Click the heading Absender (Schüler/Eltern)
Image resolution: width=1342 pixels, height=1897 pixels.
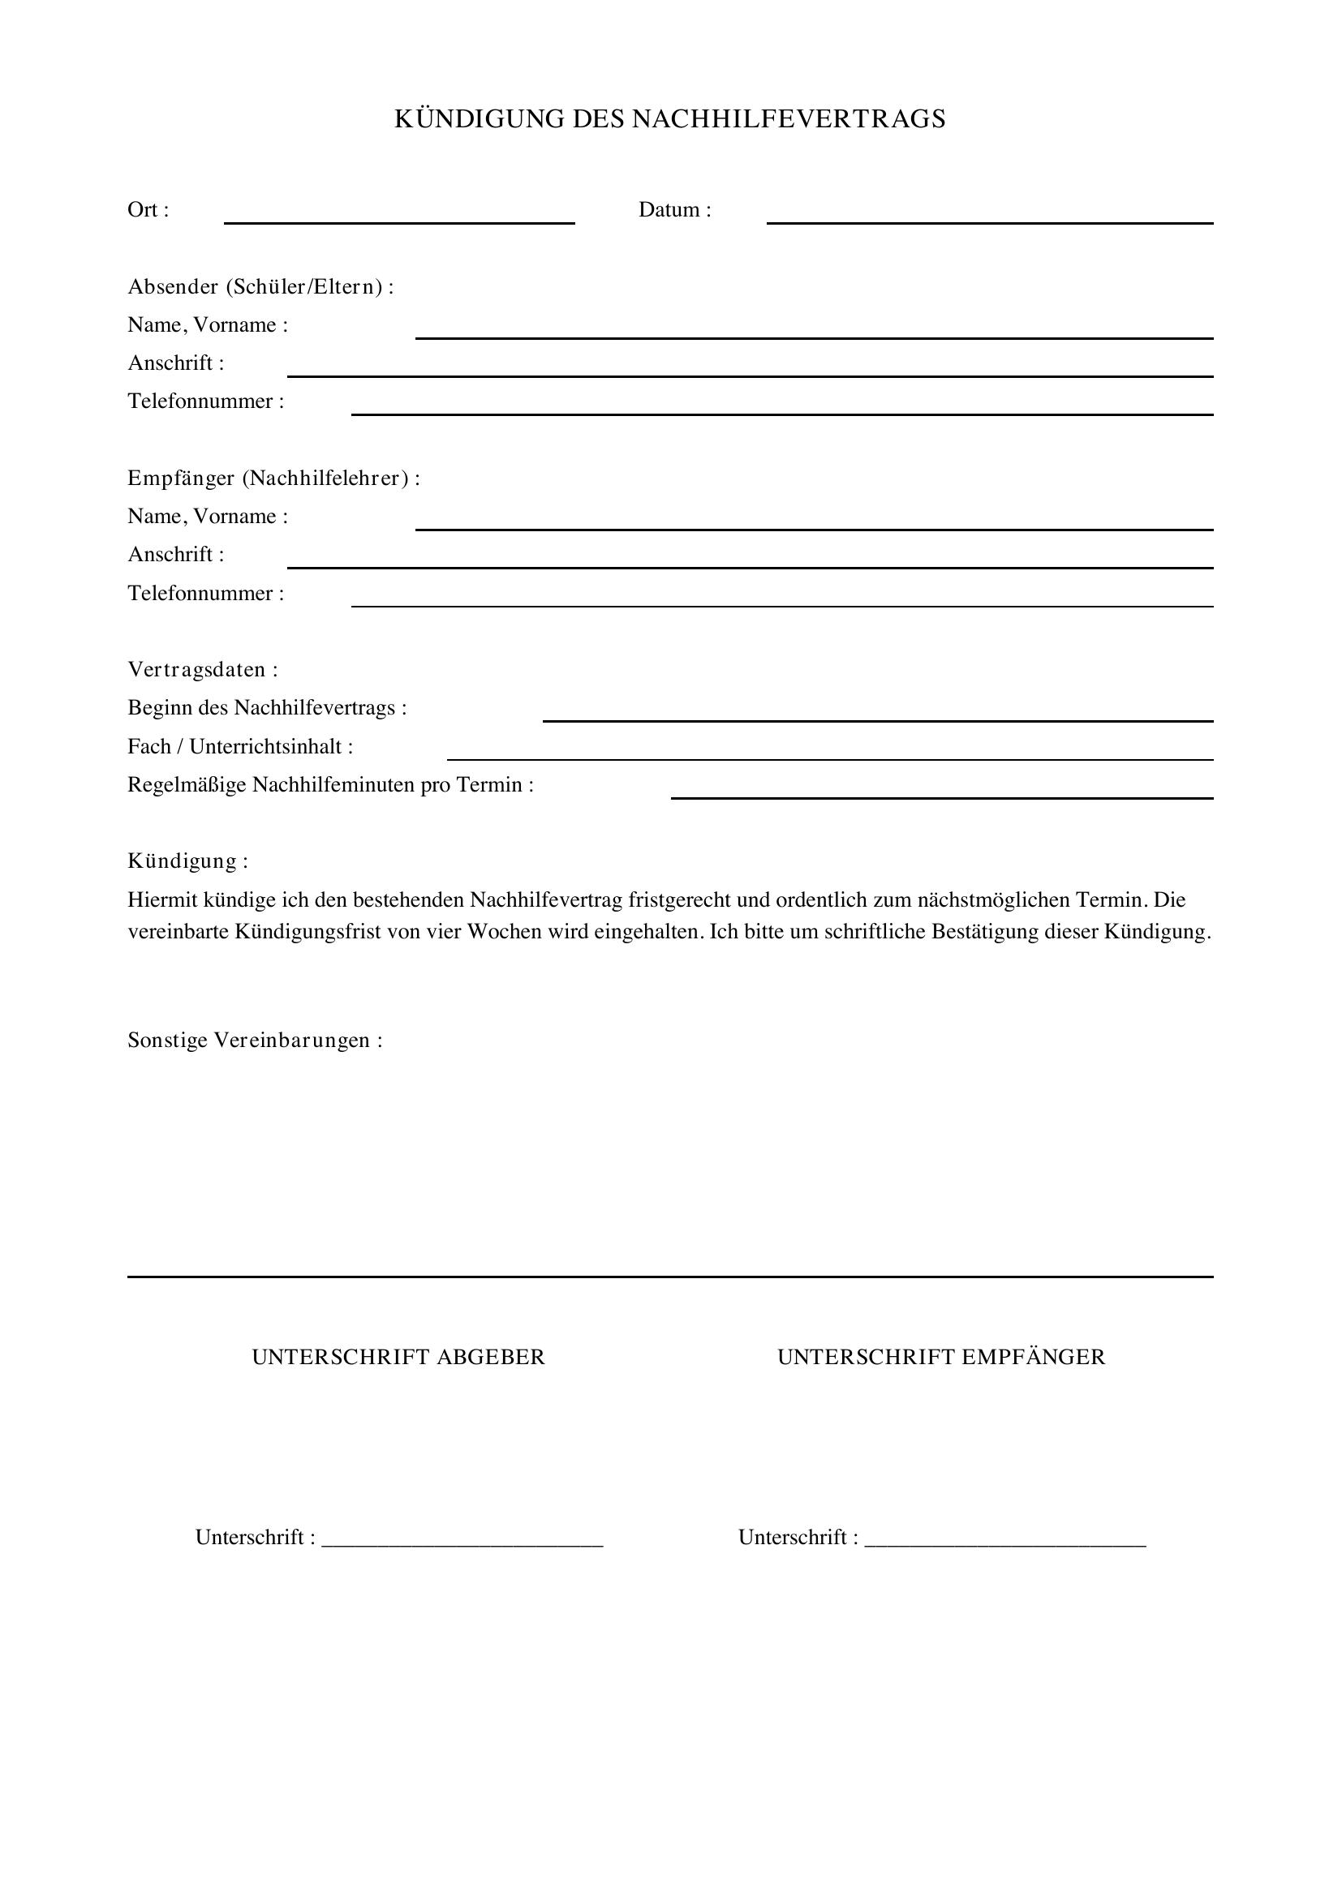tap(260, 288)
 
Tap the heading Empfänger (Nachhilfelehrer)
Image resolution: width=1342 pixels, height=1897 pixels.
tap(273, 479)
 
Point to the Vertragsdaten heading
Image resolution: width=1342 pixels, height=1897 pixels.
tap(203, 670)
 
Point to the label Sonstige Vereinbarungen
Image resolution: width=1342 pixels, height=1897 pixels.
tap(255, 1041)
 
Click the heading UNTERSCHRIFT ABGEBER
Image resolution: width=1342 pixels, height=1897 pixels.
tap(398, 1358)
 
